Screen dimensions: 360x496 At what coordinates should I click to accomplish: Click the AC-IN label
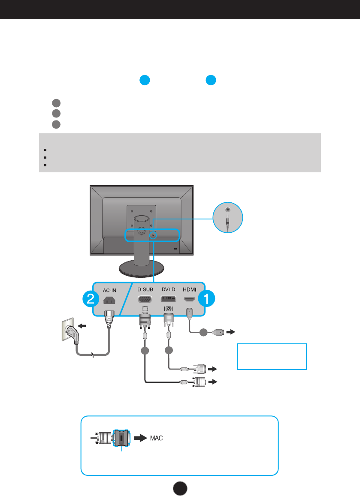tap(109, 289)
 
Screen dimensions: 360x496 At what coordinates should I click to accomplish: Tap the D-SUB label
tap(145, 289)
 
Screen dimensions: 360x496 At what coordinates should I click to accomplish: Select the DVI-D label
tap(168, 289)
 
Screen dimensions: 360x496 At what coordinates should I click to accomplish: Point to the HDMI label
tap(190, 289)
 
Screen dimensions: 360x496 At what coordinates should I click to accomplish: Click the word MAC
tap(156, 439)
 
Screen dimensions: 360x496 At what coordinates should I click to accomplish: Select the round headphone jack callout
tap(228, 218)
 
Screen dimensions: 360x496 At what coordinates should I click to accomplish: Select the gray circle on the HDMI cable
tap(205, 332)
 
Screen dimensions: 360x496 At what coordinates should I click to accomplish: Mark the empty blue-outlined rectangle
tap(272, 356)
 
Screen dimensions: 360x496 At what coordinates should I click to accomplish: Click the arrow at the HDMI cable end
tap(231, 332)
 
